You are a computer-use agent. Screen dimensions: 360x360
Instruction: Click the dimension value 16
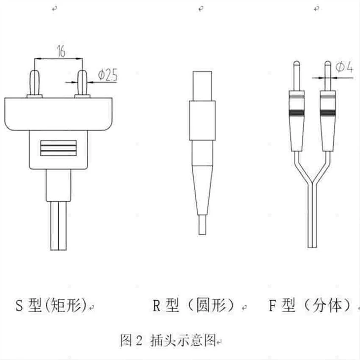point(61,51)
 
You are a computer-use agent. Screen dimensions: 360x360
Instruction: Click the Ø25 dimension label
point(108,74)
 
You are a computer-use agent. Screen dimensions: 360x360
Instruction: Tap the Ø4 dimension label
point(344,67)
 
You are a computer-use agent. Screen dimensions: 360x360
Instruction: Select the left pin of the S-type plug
point(35,83)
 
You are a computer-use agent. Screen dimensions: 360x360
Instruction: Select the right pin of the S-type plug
point(82,83)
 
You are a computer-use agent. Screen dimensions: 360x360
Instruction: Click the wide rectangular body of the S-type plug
point(58,114)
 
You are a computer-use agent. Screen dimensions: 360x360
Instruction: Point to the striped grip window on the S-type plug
point(58,148)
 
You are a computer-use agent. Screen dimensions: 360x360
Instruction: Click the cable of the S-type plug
point(59,226)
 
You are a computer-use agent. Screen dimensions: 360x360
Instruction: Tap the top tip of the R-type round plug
point(202,72)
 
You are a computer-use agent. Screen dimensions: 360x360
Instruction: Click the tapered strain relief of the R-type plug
point(202,190)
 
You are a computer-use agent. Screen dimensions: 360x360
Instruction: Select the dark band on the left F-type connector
point(297,112)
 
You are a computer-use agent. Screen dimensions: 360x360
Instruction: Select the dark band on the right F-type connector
point(328,112)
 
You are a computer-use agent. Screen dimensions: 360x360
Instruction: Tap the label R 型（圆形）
point(193,305)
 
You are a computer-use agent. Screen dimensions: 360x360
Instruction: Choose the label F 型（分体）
point(310,305)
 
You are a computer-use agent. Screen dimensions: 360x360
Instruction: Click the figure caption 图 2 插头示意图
point(168,340)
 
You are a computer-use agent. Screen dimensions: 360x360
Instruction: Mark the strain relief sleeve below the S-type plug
point(59,185)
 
